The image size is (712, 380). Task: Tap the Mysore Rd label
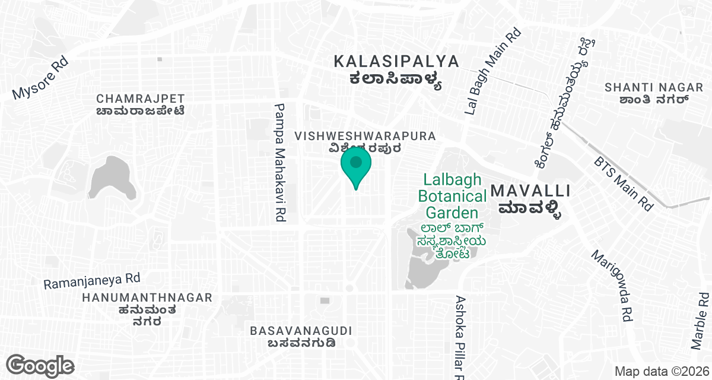tap(40, 78)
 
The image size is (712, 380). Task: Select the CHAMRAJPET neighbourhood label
tap(141, 99)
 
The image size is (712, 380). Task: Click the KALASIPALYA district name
tap(396, 61)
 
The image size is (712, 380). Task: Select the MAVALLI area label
tap(531, 191)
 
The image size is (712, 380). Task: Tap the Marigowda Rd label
tap(611, 285)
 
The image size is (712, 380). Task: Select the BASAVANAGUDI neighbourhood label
tap(301, 331)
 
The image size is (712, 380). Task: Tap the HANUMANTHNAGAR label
tap(148, 297)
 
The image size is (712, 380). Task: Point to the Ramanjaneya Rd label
tap(91, 280)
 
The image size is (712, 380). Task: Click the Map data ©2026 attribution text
tap(660, 371)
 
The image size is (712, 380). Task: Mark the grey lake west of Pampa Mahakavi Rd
tap(112, 178)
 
